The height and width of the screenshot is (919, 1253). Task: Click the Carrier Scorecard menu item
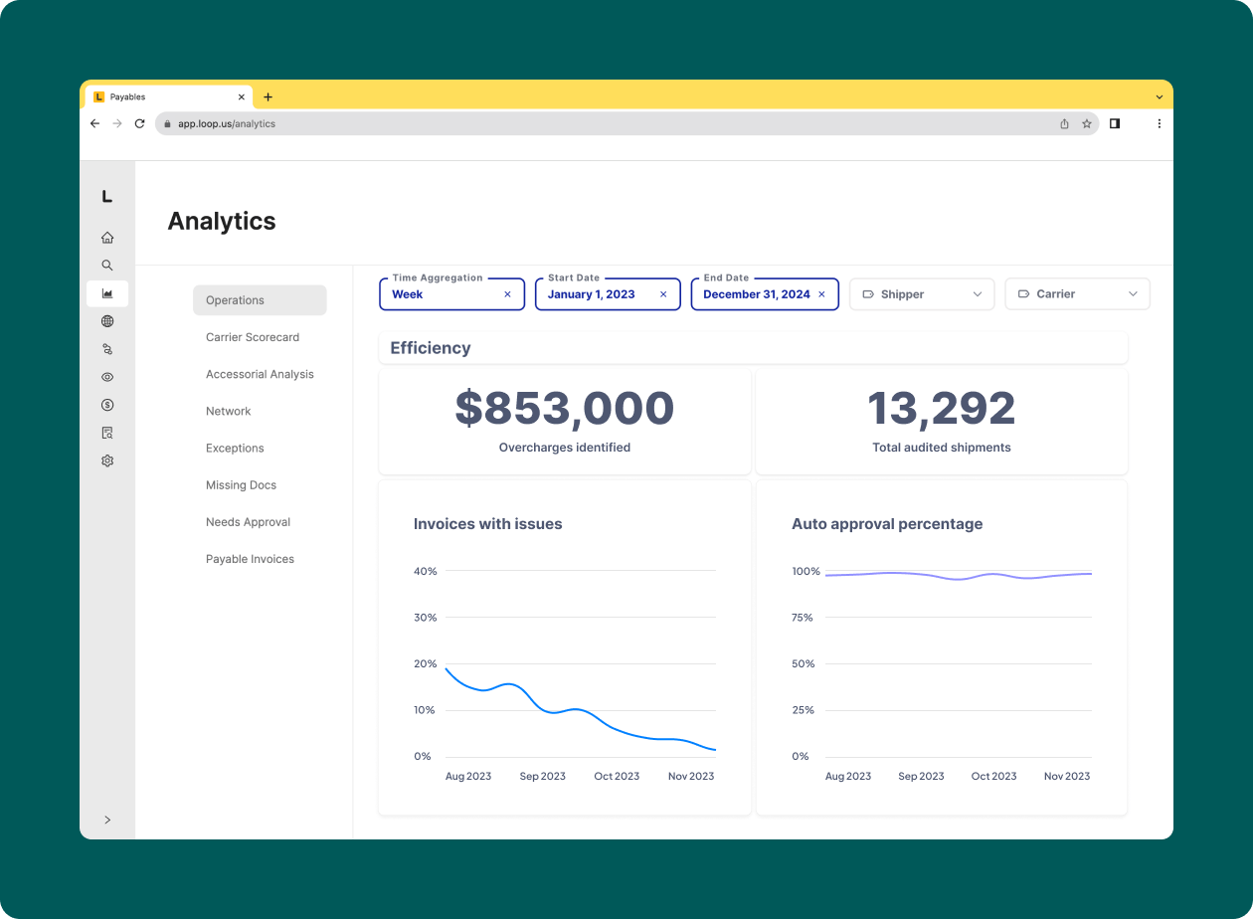coord(253,337)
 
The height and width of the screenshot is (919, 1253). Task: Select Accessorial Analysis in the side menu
coord(260,374)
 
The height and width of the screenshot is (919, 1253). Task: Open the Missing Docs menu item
coord(241,485)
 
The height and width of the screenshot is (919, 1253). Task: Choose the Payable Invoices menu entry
coord(250,559)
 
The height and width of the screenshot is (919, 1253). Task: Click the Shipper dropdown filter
coord(921,294)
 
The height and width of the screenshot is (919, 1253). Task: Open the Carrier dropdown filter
coord(1077,294)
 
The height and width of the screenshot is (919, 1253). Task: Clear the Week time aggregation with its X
coord(507,294)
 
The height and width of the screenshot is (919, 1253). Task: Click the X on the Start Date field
coord(663,294)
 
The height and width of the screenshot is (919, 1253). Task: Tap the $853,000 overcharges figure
coord(564,409)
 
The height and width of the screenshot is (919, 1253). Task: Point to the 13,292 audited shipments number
coord(941,409)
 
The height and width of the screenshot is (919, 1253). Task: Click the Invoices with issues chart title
coord(487,524)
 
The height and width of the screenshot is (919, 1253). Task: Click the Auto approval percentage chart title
coord(886,524)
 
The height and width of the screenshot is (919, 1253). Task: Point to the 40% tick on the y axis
coord(425,571)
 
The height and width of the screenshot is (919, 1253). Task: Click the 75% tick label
coord(803,618)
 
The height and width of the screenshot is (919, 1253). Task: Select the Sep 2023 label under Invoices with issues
coord(542,776)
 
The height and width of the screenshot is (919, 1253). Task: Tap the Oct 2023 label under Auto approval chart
coord(993,776)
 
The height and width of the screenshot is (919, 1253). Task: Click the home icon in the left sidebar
coord(107,238)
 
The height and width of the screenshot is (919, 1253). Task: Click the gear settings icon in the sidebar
coord(107,460)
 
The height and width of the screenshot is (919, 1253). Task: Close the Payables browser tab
coord(242,97)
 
